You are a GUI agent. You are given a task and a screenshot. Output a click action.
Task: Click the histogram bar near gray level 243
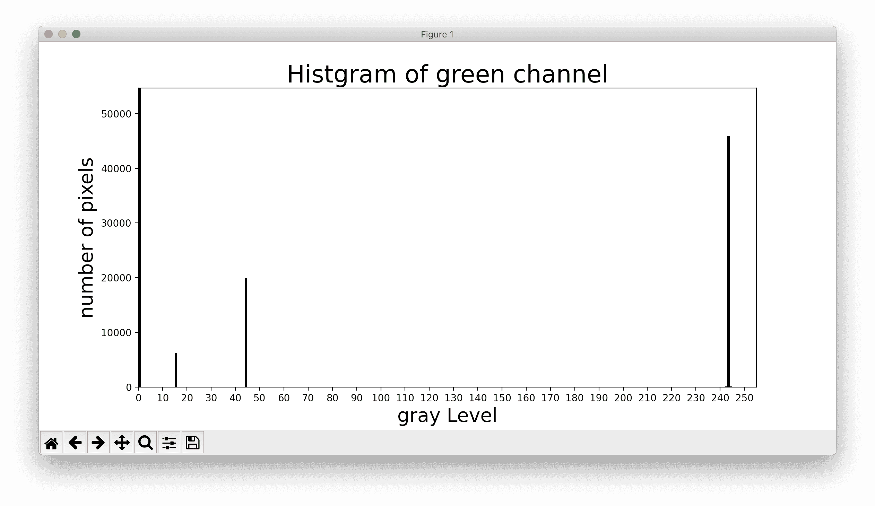(x=728, y=261)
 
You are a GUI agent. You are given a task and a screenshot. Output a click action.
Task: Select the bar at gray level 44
(x=246, y=332)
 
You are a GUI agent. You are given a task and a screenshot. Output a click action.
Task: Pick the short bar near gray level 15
(x=176, y=370)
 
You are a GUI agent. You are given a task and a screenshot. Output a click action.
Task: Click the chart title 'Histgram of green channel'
(x=447, y=74)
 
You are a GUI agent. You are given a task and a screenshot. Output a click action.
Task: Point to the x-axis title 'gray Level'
(x=447, y=416)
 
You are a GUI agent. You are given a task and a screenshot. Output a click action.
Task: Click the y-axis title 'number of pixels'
(x=86, y=237)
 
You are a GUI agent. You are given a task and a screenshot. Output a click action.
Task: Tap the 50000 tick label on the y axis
(x=116, y=114)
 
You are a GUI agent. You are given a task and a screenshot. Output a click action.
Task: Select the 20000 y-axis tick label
(x=116, y=278)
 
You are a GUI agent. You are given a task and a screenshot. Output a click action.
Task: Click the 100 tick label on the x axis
(x=381, y=398)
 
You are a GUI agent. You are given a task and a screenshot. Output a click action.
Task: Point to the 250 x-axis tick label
(x=744, y=398)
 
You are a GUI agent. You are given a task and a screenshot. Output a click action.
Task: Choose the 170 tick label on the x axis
(x=551, y=398)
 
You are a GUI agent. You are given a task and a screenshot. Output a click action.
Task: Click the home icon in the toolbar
(x=51, y=443)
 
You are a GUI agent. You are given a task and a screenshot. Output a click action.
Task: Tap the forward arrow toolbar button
(x=98, y=443)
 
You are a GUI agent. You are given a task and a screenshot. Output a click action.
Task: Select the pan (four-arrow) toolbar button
(x=122, y=443)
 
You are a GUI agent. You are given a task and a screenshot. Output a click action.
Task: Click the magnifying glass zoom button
(x=146, y=443)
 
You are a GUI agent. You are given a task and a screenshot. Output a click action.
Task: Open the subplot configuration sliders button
(x=169, y=443)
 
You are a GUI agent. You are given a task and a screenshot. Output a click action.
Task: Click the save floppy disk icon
(x=193, y=443)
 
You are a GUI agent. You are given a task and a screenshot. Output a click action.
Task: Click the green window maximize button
(x=76, y=34)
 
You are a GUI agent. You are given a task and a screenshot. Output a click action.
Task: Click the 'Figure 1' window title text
(x=437, y=34)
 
